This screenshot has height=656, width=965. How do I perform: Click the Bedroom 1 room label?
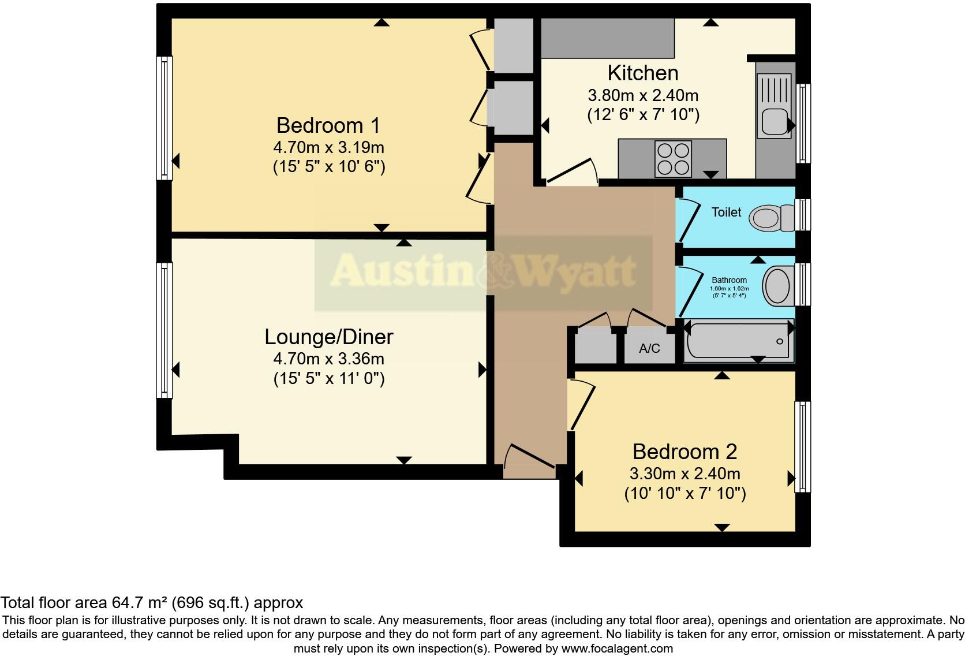click(x=328, y=125)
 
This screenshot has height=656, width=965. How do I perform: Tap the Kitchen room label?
click(x=642, y=73)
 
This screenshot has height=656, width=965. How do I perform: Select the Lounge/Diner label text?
click(x=328, y=337)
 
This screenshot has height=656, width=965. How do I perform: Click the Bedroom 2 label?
click(x=685, y=452)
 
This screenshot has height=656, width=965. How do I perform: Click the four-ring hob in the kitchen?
click(x=674, y=159)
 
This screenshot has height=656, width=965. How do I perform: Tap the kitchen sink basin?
click(x=773, y=122)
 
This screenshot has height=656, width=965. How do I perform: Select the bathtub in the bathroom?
click(x=738, y=342)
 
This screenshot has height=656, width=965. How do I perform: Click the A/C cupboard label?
click(x=649, y=349)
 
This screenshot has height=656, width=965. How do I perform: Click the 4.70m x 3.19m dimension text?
click(x=328, y=147)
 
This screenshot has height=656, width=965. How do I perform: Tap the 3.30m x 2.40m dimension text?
click(x=685, y=474)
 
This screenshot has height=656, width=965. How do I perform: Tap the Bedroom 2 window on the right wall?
click(x=802, y=447)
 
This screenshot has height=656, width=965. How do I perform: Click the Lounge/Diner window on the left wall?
click(x=165, y=330)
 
